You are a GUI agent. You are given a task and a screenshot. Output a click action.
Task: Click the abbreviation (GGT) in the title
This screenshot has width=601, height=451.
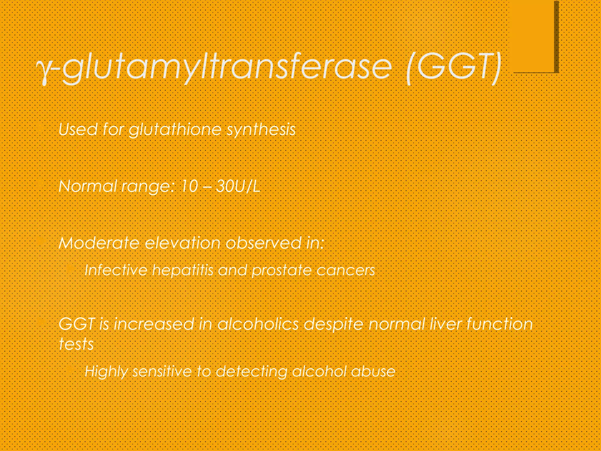[454, 68]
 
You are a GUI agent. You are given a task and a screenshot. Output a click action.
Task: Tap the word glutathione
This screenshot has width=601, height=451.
[175, 129]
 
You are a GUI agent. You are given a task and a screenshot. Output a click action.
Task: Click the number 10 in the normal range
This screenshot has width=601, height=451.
[190, 186]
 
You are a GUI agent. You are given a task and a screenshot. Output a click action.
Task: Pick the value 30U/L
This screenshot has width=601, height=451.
[238, 186]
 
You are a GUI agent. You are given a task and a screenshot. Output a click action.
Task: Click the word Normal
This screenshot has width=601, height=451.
[87, 186]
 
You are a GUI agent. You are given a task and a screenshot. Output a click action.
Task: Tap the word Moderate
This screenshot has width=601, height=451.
[99, 243]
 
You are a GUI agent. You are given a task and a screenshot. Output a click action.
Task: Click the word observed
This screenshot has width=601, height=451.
[263, 243]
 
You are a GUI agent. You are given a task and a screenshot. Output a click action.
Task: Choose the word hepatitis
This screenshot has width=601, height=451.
[183, 270]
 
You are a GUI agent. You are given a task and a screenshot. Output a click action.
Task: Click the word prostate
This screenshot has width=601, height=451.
[282, 270]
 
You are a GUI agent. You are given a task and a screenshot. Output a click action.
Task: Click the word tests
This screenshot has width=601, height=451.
[76, 344]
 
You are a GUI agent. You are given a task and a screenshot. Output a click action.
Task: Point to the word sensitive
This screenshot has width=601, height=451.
[162, 371]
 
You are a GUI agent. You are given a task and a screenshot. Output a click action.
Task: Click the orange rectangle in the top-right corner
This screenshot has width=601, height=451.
[532, 35]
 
